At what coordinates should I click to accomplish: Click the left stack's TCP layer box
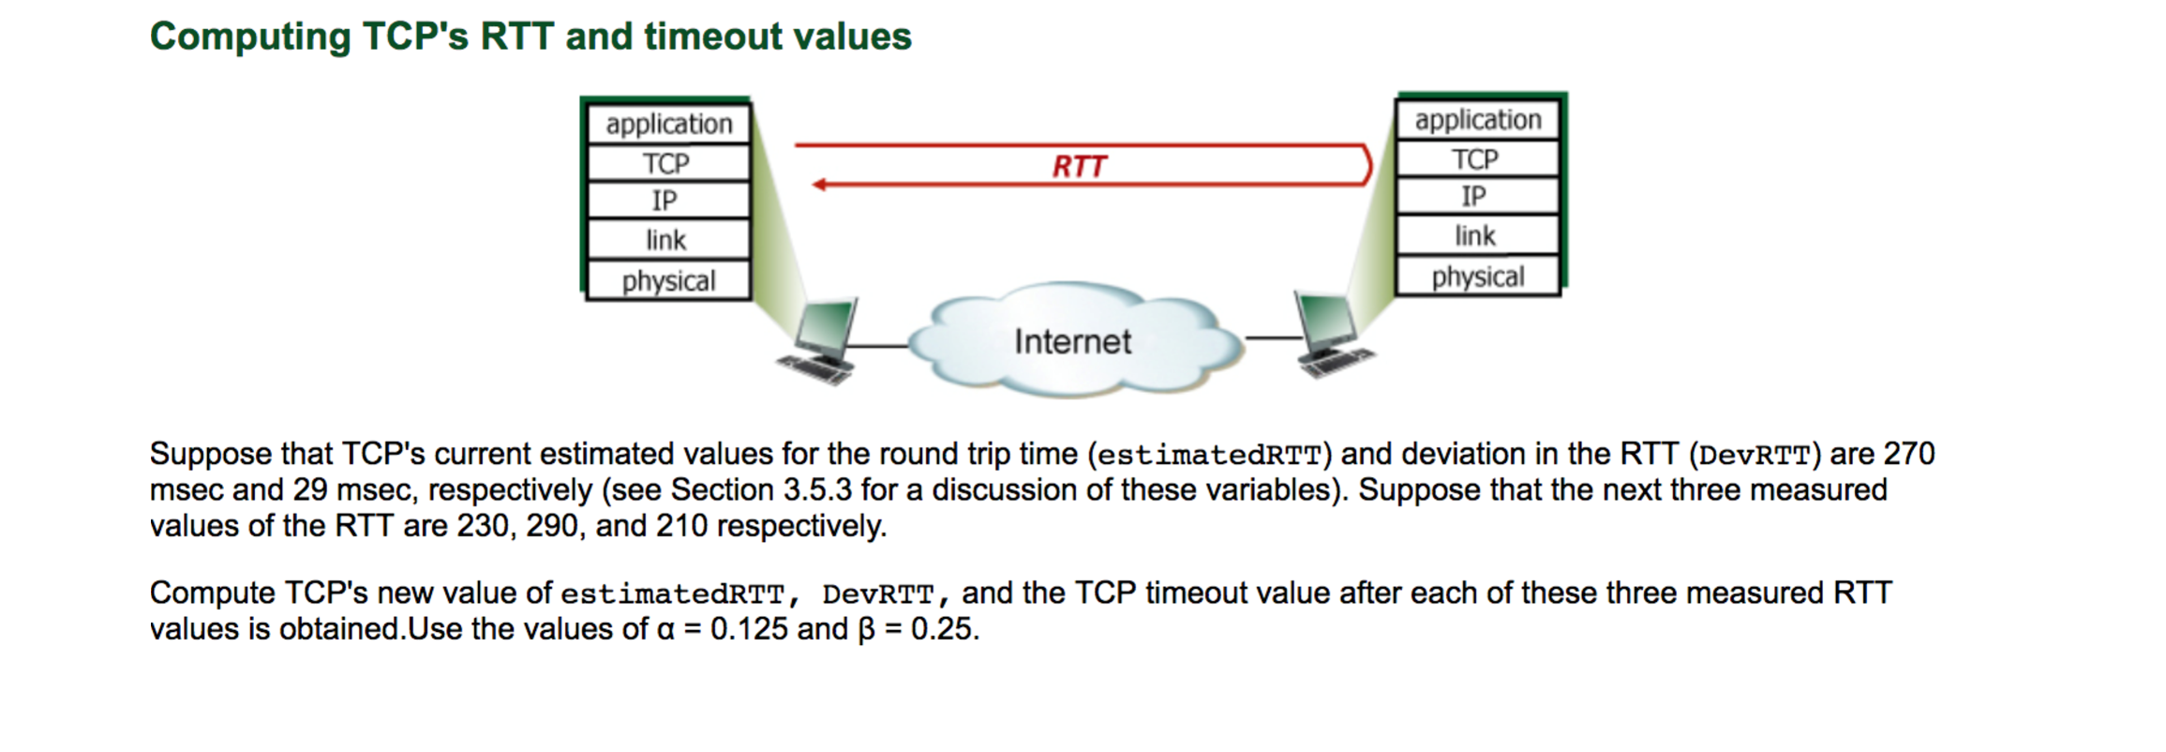point(667,163)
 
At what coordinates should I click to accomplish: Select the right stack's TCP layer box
point(1476,159)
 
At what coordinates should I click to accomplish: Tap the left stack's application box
point(667,124)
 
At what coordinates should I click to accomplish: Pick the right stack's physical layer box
point(1477,277)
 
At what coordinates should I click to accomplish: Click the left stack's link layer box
point(667,240)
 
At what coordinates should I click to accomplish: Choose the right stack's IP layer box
point(1475,197)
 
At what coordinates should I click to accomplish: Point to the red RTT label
point(1079,167)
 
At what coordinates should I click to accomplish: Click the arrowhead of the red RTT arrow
point(819,185)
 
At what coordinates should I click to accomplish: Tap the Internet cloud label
point(1072,341)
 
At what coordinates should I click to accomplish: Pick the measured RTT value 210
point(681,526)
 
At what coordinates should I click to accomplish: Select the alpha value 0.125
point(749,629)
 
